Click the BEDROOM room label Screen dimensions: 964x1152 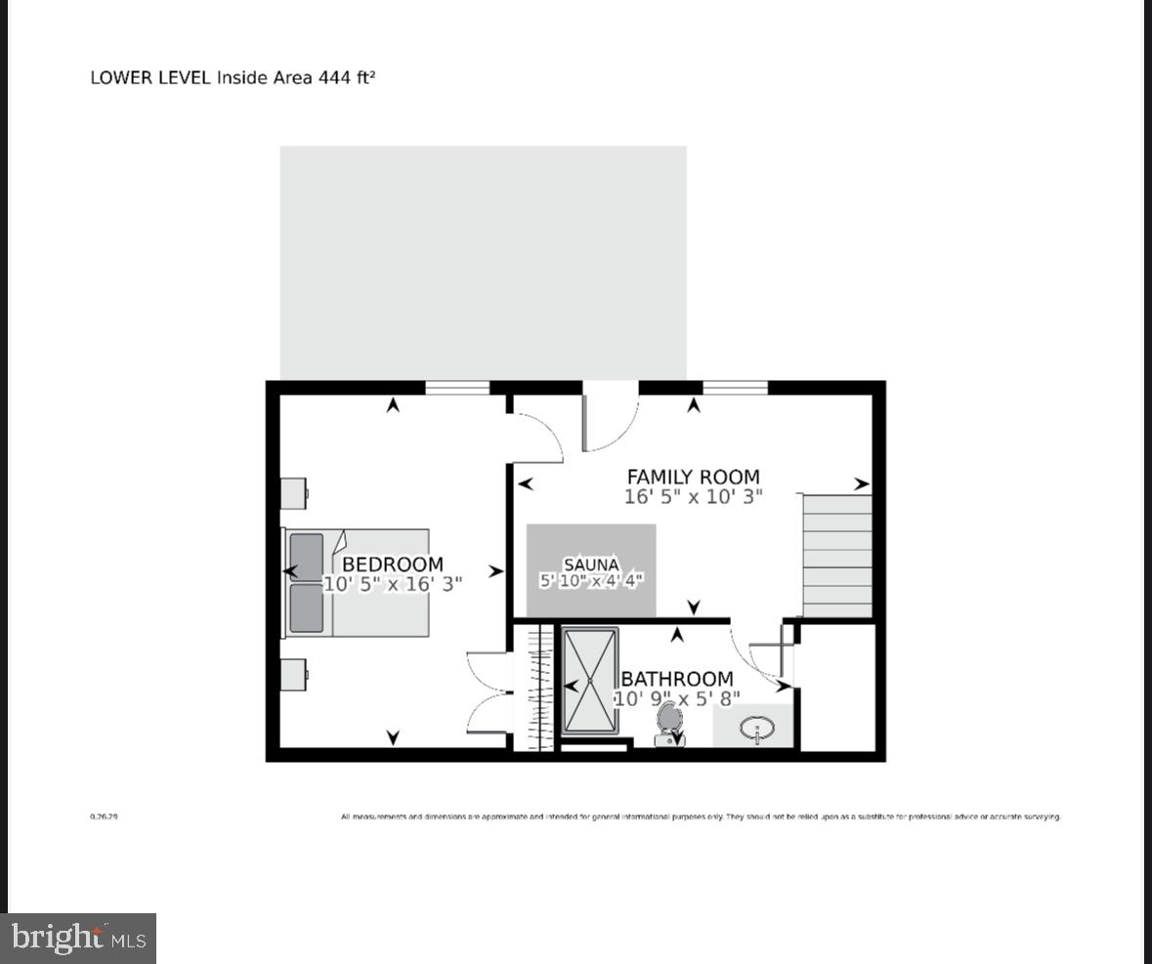click(392, 565)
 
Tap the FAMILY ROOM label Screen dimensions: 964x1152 click(693, 477)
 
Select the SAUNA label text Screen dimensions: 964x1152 click(591, 565)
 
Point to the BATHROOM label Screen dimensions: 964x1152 click(676, 679)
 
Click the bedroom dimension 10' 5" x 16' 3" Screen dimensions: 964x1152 click(392, 584)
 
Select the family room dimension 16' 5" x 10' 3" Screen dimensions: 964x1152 click(693, 496)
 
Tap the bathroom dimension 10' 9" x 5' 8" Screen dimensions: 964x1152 click(676, 698)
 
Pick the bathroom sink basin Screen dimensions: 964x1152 click(757, 728)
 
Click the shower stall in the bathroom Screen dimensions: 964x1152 click(590, 680)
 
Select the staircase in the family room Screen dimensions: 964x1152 click(836, 556)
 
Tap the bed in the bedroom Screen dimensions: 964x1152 click(358, 583)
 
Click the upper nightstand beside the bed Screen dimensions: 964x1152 click(294, 493)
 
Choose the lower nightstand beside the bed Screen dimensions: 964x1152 click(294, 673)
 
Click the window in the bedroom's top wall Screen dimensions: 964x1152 click(457, 388)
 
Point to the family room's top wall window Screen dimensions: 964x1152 click(735, 388)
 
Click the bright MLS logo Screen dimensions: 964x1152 click(78, 939)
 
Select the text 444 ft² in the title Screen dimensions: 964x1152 click(347, 77)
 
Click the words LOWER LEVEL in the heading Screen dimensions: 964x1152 click(150, 77)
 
